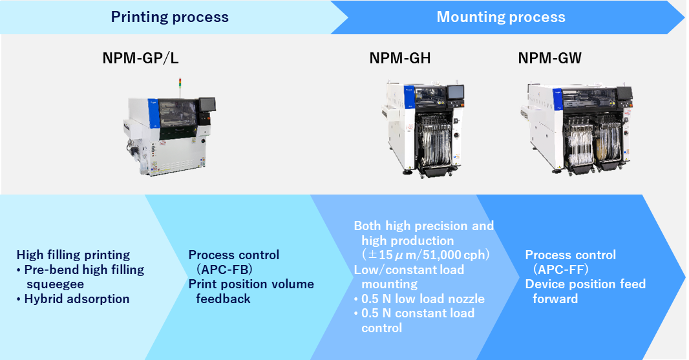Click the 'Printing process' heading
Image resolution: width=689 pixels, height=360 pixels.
(169, 17)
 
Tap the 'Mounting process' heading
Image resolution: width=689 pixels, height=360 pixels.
(501, 17)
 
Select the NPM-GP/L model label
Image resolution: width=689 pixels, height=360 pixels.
(140, 59)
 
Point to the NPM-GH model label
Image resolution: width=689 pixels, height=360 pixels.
(400, 59)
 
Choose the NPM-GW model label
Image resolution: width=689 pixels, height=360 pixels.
(549, 59)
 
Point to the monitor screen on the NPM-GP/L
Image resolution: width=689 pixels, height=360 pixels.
(207, 104)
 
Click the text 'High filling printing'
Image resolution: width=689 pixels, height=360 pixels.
(73, 255)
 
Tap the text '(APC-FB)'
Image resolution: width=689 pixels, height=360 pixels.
(225, 270)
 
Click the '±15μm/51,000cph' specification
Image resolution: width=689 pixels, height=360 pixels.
(425, 255)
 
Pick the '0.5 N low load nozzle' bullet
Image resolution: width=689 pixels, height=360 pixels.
(419, 299)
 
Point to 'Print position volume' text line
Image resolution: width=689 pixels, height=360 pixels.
(251, 284)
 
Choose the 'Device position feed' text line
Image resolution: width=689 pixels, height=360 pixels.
(585, 284)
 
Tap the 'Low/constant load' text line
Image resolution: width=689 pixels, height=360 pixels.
(408, 270)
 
